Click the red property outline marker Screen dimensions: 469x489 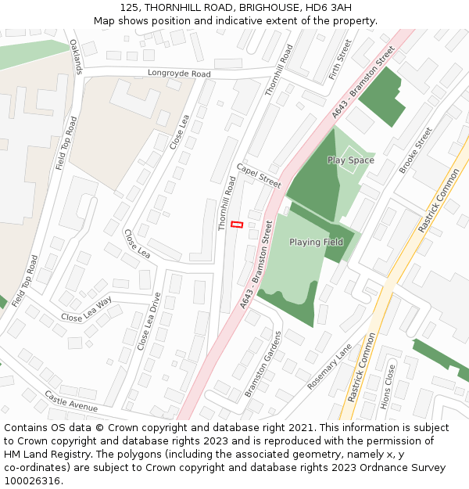[x=237, y=225]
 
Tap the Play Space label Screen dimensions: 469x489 [x=350, y=160]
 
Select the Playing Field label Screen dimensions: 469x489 [x=316, y=243]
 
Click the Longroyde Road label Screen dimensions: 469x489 [x=179, y=74]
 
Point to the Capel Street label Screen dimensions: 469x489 [x=259, y=176]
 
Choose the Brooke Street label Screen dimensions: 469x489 [x=415, y=150]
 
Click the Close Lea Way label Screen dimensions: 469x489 [x=87, y=309]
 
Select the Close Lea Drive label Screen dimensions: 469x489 [x=149, y=321]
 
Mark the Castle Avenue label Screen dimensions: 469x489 [x=71, y=401]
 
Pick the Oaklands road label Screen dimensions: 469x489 [x=76, y=56]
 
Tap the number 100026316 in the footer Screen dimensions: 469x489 [x=31, y=481]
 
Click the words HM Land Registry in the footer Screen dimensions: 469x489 [x=41, y=455]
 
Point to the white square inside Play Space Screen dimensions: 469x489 [x=350, y=151]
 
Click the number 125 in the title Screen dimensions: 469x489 [x=130, y=8]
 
